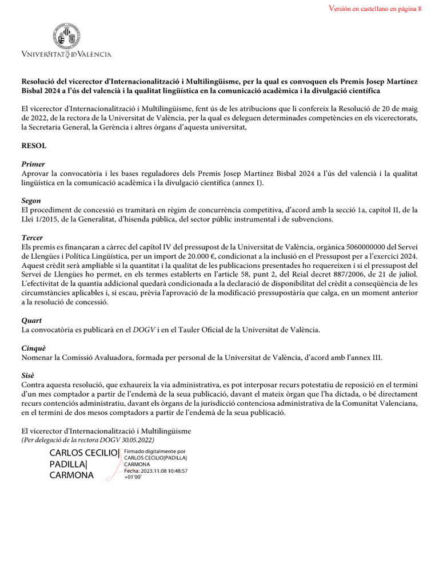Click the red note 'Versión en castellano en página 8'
376,9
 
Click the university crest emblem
66,37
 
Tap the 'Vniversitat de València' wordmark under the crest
66,54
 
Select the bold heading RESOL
34,146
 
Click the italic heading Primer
33,164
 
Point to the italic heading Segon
31,201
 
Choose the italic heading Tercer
33,237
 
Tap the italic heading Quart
31,320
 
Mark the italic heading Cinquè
34,348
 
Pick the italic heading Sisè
29,375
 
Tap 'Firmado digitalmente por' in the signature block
154,452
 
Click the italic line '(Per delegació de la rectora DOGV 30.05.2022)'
87,440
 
